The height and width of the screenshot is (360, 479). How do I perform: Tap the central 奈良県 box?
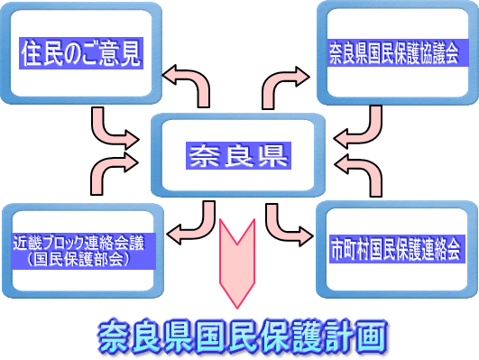[x=237, y=155]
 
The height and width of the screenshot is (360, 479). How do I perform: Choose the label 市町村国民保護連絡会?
[x=395, y=245]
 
